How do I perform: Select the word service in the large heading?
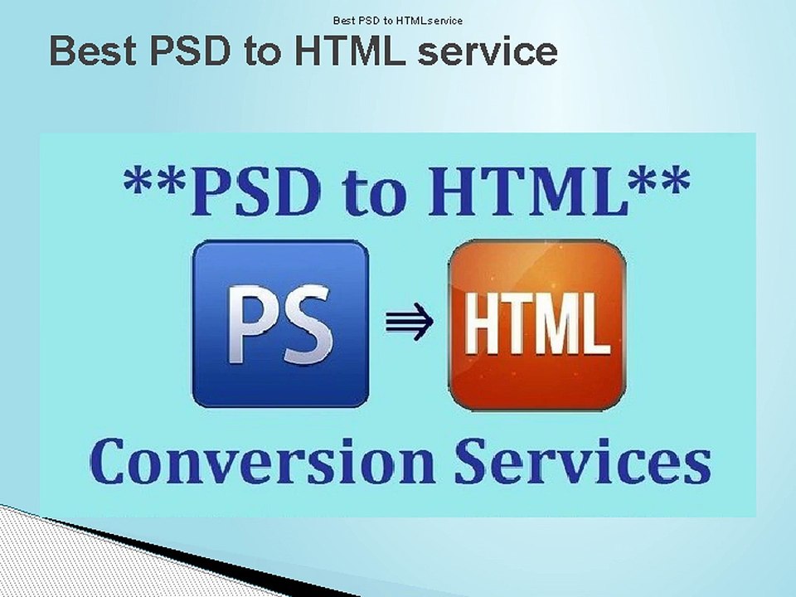[488, 53]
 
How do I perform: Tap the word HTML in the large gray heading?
[350, 51]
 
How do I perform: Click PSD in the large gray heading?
[191, 51]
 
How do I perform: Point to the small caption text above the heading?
[397, 21]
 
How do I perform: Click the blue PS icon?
[281, 324]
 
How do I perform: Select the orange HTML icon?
[536, 325]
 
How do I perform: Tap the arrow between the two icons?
[409, 322]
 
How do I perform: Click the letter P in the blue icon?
[250, 324]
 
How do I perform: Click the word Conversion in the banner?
[263, 460]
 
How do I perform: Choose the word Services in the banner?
[582, 460]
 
